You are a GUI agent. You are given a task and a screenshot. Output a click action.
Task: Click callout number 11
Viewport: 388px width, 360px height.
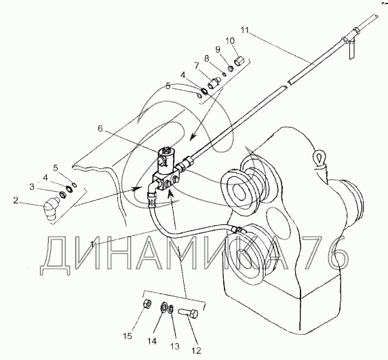[x=244, y=30]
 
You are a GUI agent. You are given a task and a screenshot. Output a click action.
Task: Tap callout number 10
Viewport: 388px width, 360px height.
[x=230, y=41]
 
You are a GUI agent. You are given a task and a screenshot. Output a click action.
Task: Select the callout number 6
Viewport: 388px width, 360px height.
[x=100, y=128]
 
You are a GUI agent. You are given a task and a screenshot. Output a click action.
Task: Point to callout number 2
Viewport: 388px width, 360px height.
[x=16, y=200]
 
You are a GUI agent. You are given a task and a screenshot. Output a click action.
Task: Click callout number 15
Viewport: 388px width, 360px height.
[x=128, y=336]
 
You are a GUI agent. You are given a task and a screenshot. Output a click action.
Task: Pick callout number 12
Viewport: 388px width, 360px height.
[x=197, y=351]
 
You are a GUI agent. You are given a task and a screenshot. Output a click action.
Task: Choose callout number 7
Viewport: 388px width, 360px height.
[x=197, y=66]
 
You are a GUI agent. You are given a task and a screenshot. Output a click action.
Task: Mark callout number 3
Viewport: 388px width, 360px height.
[x=32, y=187]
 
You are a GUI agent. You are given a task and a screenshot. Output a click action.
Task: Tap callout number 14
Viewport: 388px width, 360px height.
[x=153, y=341]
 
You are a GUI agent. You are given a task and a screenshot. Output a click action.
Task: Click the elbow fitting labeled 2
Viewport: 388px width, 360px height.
[x=50, y=207]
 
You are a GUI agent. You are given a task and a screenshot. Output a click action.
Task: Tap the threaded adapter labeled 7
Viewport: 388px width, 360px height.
[x=213, y=83]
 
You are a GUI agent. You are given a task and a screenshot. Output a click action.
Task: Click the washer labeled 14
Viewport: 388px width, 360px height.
[x=163, y=307]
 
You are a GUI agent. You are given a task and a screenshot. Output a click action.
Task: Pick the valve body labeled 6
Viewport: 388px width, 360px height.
[x=166, y=171]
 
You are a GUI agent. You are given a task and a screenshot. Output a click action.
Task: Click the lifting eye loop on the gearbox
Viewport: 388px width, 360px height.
[x=319, y=157]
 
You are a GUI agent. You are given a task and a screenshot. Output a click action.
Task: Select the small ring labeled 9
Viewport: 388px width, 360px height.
[x=231, y=68]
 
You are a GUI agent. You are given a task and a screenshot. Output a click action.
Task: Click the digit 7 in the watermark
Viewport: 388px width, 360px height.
[x=311, y=253]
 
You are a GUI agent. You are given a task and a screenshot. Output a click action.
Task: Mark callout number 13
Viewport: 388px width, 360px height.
[x=175, y=346]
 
